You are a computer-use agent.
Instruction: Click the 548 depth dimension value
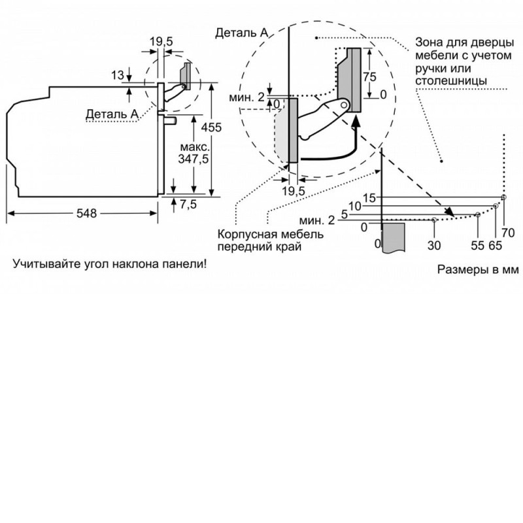click(x=86, y=213)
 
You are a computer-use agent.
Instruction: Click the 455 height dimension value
click(x=211, y=127)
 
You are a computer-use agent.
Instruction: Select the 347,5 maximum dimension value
click(x=193, y=159)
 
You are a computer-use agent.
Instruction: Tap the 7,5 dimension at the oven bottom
click(x=188, y=204)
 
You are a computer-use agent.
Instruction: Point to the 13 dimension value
click(x=118, y=75)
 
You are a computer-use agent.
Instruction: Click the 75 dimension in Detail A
click(x=369, y=77)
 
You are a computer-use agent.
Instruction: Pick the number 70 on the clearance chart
click(x=508, y=233)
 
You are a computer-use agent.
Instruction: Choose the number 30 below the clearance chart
click(x=434, y=246)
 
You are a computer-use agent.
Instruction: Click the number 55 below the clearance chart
click(x=477, y=246)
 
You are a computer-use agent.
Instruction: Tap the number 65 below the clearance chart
click(x=496, y=246)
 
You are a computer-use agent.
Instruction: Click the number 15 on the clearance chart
click(x=369, y=198)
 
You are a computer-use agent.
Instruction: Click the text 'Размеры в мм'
click(x=478, y=269)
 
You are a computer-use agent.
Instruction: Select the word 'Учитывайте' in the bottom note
click(x=42, y=264)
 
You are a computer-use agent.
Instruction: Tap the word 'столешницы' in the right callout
click(x=451, y=80)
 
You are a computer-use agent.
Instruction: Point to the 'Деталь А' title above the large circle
click(x=242, y=33)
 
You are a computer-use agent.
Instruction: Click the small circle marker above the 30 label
click(x=434, y=220)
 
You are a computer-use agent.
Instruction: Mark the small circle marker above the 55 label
click(x=478, y=214)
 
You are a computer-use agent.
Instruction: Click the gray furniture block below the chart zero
click(x=394, y=237)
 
